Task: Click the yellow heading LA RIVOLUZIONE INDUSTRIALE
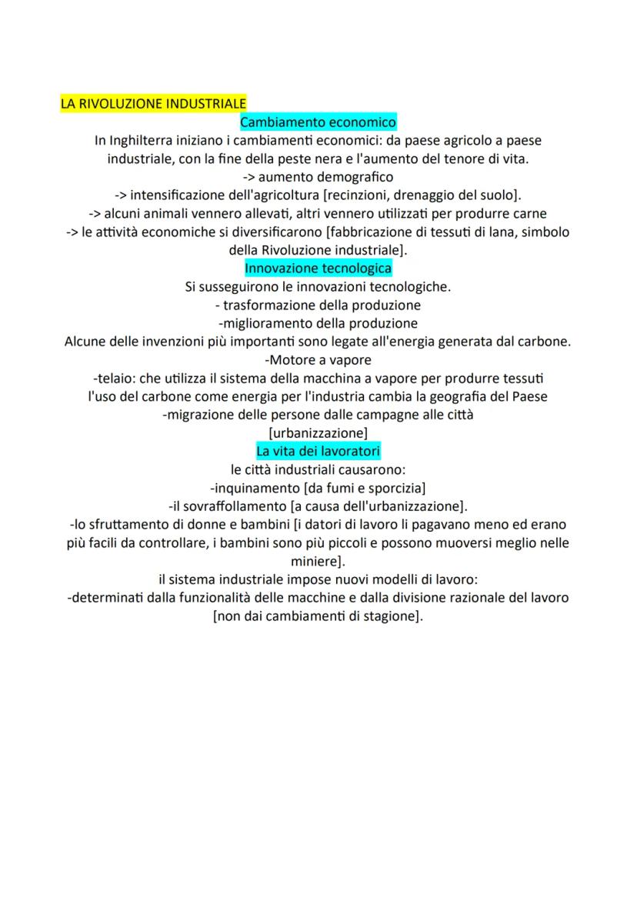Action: point(153,103)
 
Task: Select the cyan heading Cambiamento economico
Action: point(318,122)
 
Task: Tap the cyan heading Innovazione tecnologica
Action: point(318,268)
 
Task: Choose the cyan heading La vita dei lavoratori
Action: point(318,450)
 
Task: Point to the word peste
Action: point(333,159)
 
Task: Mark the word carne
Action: point(529,214)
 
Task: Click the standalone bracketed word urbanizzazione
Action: point(318,432)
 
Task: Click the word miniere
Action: point(315,560)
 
